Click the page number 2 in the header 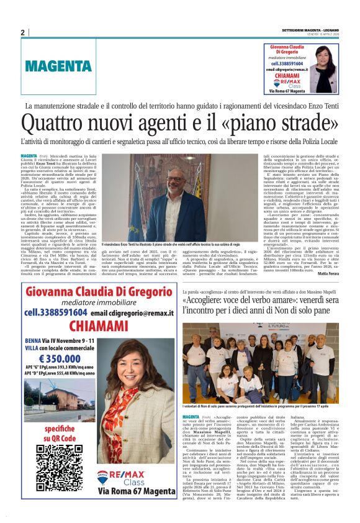click(x=22, y=33)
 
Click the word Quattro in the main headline click(x=54, y=121)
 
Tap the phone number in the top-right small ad click(x=292, y=63)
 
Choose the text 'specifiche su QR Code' click(x=60, y=432)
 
